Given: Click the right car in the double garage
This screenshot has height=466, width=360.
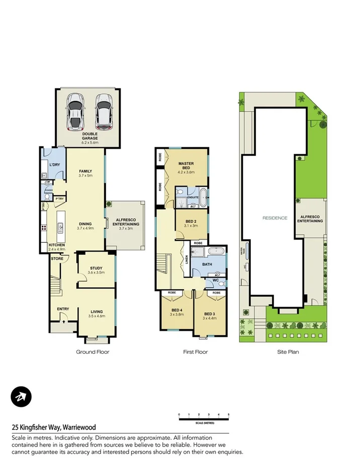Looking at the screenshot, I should (x=104, y=111).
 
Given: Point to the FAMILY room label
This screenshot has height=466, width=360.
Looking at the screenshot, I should (x=85, y=171).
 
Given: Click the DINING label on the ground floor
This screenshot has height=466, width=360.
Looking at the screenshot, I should (x=84, y=224).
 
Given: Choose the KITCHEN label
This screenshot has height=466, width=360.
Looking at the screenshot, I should (x=57, y=245).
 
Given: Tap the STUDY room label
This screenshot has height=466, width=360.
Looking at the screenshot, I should (x=96, y=268).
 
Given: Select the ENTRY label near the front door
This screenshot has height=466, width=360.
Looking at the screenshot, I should (x=63, y=309).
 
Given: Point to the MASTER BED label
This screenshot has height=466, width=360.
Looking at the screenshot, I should (x=187, y=164).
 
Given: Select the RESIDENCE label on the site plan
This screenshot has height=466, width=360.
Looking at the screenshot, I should (x=275, y=218).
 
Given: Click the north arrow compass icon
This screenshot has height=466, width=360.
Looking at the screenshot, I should (x=21, y=398).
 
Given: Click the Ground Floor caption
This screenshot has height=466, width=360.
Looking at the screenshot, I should (x=93, y=352).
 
